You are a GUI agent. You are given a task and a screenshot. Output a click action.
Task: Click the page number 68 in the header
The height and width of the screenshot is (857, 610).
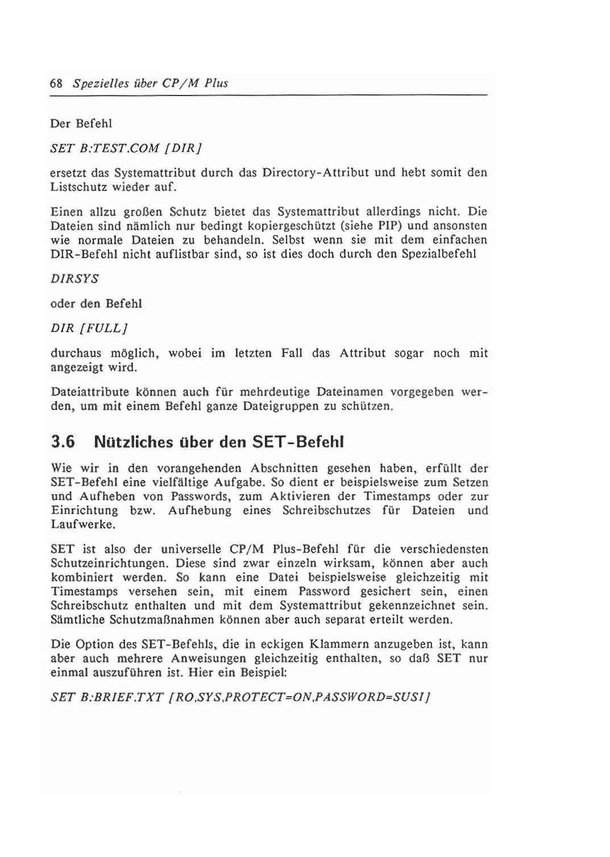[x=56, y=84]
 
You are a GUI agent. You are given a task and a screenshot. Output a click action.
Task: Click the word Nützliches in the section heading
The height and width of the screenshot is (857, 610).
[x=134, y=442]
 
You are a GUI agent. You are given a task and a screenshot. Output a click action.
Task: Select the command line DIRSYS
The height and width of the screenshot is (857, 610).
[x=74, y=279]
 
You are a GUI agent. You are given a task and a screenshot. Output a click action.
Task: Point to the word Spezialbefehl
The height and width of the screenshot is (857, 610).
[x=439, y=254]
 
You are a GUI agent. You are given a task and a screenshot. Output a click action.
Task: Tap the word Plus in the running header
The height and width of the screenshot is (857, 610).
[x=217, y=84]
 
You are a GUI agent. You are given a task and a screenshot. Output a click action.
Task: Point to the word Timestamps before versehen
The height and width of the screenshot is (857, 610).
[x=84, y=591]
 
